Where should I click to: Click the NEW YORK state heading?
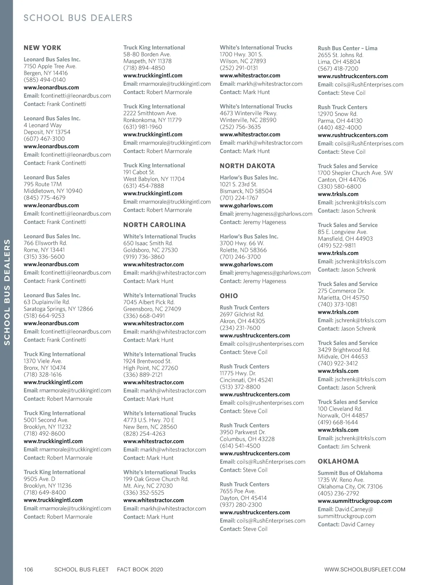(x=42, y=48)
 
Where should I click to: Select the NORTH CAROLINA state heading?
(x=154, y=225)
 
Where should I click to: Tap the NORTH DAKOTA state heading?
(x=247, y=166)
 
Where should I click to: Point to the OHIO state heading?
(x=229, y=296)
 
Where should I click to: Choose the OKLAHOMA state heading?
(x=338, y=461)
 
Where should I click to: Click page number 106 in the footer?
(x=28, y=570)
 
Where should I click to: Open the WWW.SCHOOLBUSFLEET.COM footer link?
(x=365, y=570)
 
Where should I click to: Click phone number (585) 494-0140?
(x=45, y=80)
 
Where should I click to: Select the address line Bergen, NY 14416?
(x=46, y=73)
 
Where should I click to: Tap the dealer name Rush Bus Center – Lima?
(x=347, y=48)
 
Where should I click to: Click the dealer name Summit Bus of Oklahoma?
(x=350, y=473)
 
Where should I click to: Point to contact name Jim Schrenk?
(x=356, y=447)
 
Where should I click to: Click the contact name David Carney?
(x=357, y=525)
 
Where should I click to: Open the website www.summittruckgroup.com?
(x=355, y=501)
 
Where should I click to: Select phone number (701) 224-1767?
(x=239, y=198)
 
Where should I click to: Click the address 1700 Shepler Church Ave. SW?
(x=355, y=173)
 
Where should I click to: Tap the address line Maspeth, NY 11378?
(x=147, y=61)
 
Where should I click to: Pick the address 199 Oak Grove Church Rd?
(x=156, y=479)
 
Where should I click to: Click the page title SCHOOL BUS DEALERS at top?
(x=78, y=18)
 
